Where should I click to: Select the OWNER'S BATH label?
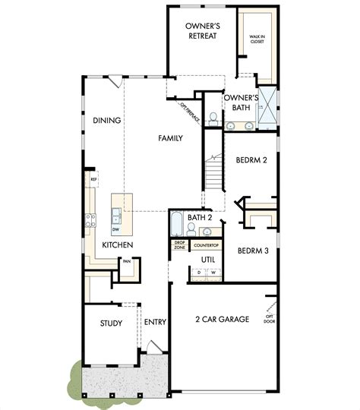click(x=242, y=102)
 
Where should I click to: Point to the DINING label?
click(x=108, y=120)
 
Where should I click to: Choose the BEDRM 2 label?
click(x=251, y=162)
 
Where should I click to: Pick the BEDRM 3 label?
click(x=251, y=251)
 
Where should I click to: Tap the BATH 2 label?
click(x=200, y=218)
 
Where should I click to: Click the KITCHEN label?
click(x=118, y=245)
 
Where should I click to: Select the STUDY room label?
click(x=111, y=323)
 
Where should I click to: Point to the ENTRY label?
click(x=155, y=322)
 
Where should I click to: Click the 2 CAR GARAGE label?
click(x=222, y=320)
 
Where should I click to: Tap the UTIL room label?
click(x=208, y=260)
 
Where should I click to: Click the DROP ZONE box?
click(x=180, y=245)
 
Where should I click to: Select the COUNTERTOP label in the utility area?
click(x=207, y=245)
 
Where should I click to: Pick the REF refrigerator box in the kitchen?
click(x=93, y=180)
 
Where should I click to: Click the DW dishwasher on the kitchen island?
click(x=115, y=229)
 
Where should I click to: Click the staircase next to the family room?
click(x=216, y=174)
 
